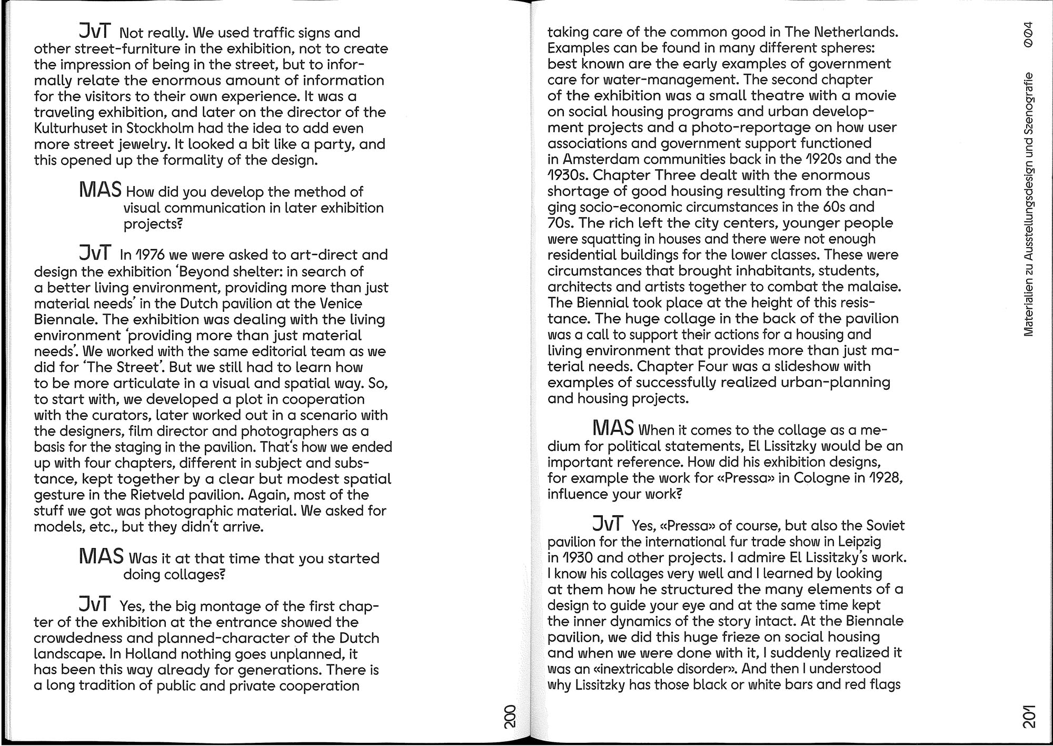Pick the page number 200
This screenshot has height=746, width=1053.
(510, 716)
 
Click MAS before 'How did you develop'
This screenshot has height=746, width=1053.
(100, 190)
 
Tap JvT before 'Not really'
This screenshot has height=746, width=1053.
(95, 32)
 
